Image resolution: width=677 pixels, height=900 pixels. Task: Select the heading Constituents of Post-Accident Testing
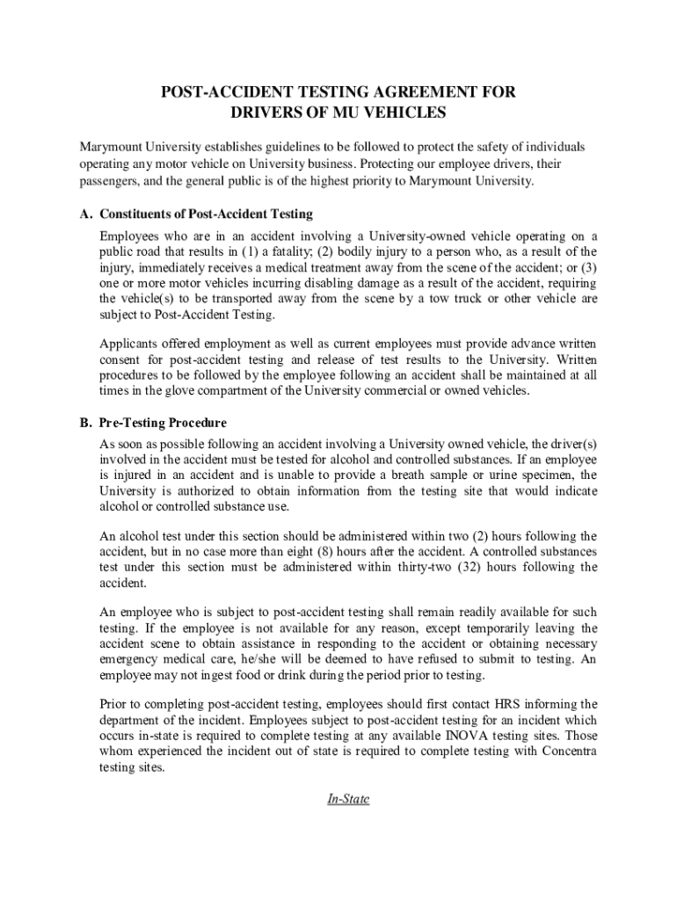tap(207, 214)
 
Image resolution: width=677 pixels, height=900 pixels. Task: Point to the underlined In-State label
tap(348, 799)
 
